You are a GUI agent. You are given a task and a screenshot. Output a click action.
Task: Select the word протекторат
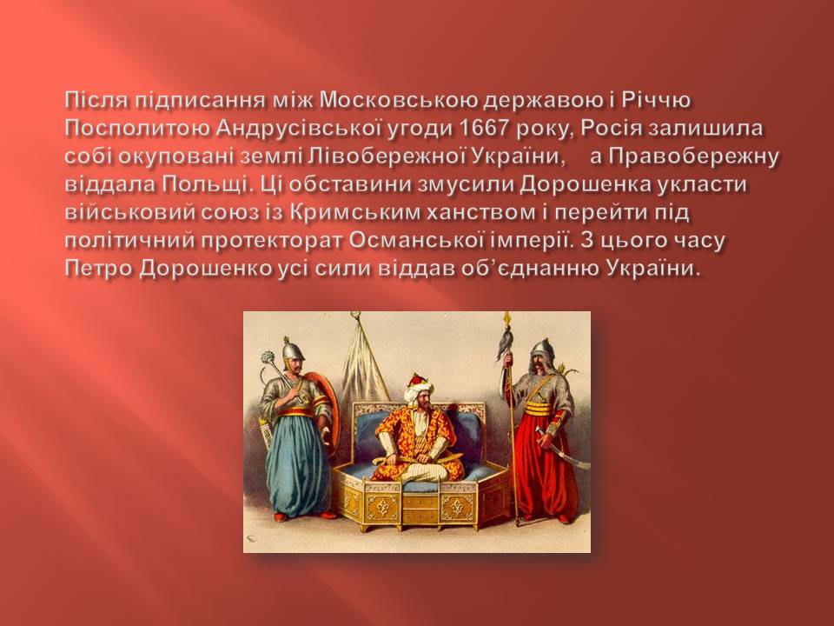click(272, 240)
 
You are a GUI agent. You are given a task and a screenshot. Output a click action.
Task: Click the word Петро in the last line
click(99, 269)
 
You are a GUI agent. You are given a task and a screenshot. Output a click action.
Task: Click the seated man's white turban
click(417, 390)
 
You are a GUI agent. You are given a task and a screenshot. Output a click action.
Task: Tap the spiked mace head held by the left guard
click(269, 356)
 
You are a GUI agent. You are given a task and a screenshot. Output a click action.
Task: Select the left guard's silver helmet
click(293, 349)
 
